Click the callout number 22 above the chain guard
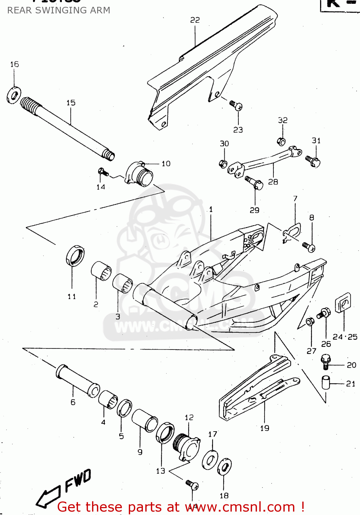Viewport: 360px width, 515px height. (195, 20)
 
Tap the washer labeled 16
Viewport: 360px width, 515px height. (14, 95)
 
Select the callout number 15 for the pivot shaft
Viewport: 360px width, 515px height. (71, 103)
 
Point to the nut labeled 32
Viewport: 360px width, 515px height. (281, 141)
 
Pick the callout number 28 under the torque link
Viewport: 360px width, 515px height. (273, 182)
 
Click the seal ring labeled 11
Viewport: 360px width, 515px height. (75, 256)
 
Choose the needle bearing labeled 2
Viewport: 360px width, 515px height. (101, 271)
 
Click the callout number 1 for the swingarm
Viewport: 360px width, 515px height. (211, 209)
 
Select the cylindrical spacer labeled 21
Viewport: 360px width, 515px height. (326, 383)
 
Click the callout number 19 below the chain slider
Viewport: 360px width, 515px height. (265, 428)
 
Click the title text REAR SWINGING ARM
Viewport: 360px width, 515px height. (59, 10)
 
